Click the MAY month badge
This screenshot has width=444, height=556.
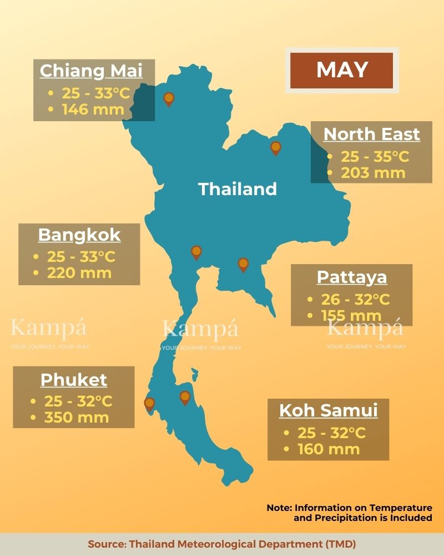click(342, 70)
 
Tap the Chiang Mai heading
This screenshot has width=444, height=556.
click(91, 71)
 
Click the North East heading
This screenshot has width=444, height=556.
click(371, 134)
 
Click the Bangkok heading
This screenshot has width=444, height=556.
click(79, 235)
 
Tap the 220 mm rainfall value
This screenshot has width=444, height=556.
click(79, 272)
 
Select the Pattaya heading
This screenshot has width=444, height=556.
click(352, 277)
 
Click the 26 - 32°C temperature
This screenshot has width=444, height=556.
click(356, 300)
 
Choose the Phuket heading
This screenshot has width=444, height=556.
click(74, 380)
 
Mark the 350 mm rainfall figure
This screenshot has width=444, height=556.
click(77, 417)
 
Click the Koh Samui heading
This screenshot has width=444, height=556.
click(328, 410)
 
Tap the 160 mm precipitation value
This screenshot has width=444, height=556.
click(329, 449)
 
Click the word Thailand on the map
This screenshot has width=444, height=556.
click(238, 189)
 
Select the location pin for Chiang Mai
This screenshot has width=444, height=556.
click(169, 99)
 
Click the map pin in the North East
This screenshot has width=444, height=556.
click(275, 148)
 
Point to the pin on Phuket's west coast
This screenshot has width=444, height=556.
click(149, 403)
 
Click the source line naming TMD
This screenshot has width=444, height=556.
click(222, 544)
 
